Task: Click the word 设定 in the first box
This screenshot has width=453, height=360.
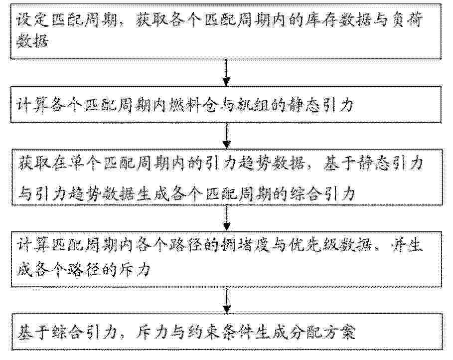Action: (32, 20)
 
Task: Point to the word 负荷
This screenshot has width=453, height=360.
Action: (407, 20)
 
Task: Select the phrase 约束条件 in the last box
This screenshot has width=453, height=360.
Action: (219, 332)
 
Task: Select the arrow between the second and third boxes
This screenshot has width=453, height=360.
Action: (227, 136)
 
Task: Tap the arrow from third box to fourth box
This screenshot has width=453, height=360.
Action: (227, 218)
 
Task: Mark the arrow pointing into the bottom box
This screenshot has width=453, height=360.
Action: (227, 300)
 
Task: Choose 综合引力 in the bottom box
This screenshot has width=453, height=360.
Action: (83, 332)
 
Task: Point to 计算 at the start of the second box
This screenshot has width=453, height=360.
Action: (32, 105)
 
